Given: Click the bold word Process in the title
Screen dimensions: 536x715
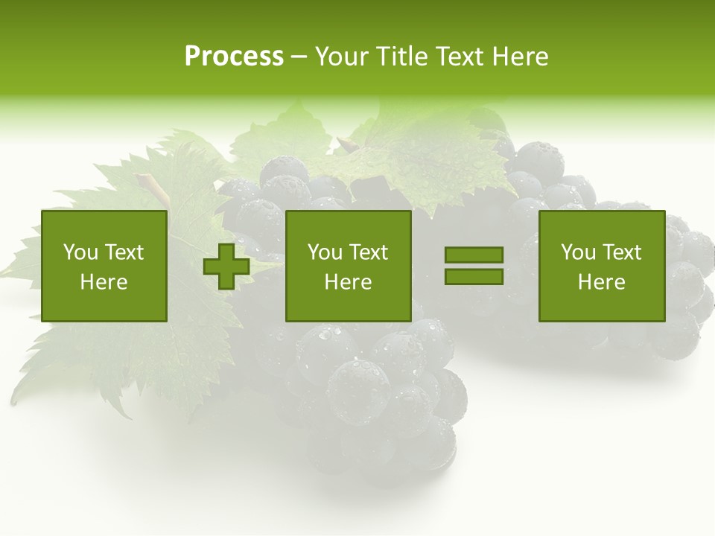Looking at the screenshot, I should coord(234,57).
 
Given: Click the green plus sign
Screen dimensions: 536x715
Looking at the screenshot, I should coord(226,267).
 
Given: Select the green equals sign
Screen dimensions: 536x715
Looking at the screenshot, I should coord(474,266).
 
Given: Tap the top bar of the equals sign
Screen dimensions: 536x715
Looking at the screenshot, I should coord(474,255).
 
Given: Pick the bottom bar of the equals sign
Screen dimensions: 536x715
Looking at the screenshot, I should coord(474,276).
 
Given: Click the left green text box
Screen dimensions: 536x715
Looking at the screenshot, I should coord(104,267).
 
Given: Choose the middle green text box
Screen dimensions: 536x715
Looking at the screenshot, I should coord(348,267).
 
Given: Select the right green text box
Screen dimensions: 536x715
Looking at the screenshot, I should coord(601,267).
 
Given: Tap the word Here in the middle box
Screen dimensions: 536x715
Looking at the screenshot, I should coord(348,282).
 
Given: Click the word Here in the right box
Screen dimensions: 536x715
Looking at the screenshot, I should coord(601,282).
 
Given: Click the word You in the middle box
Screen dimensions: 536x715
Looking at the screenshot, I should coord(325,252).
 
